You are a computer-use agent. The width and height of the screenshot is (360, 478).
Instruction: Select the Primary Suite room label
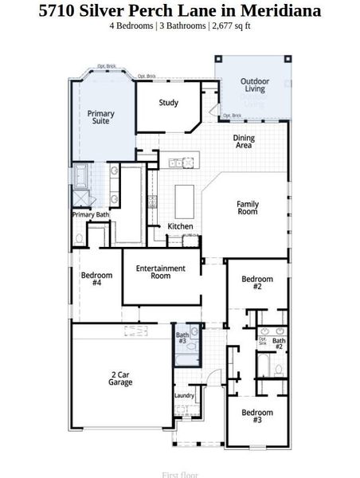100,117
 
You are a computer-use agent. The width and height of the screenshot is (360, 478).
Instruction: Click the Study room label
168,103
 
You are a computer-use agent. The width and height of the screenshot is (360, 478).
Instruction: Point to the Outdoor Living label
255,85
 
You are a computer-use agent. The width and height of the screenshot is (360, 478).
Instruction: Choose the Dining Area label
244,142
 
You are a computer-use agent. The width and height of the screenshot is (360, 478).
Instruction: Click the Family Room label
248,209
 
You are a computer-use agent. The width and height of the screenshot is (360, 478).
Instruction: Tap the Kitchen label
180,227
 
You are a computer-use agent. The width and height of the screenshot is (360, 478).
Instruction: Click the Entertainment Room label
160,272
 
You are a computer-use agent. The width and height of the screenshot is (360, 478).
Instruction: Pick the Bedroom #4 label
96,279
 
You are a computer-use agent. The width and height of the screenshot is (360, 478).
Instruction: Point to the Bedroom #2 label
257,283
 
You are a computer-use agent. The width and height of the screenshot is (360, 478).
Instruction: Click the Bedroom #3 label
257,417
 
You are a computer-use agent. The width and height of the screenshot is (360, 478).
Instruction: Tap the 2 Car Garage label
120,378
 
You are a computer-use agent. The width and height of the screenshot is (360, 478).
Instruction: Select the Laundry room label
184,395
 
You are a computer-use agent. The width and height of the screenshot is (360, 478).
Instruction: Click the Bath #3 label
182,338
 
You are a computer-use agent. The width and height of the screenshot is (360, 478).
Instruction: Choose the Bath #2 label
279,343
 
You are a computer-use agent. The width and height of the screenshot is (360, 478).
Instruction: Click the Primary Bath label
90,215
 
